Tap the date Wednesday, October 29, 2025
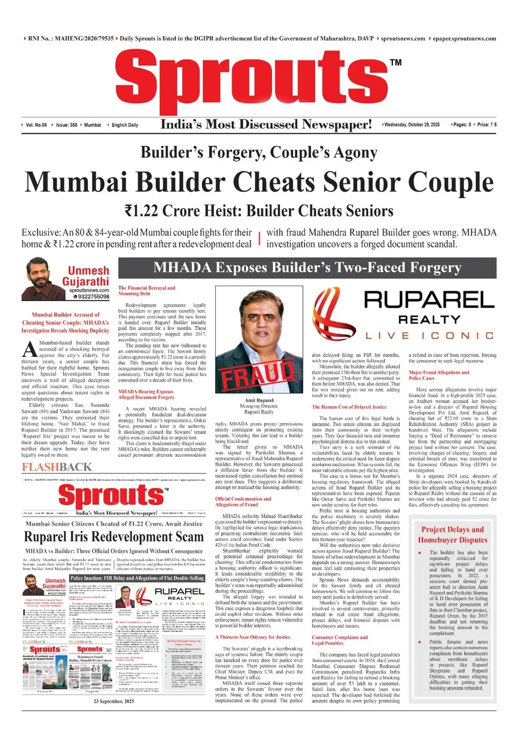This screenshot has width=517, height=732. pos(412,125)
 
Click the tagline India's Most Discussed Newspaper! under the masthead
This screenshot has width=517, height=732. pos(266,124)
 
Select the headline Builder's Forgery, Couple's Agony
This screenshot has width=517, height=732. pos(258,152)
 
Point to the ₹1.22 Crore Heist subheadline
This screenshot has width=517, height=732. pos(258,211)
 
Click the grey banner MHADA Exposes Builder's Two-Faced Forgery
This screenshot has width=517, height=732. pos(307,268)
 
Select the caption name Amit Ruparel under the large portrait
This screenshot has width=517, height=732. pos(259,400)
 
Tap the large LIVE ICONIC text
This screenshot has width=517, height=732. pos(430,336)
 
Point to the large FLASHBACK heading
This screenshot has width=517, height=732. pos(57,467)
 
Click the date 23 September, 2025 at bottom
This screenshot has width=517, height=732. pos(114,701)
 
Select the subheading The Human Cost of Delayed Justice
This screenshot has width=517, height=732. pos(349,407)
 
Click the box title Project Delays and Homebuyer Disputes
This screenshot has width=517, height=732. pos(452,535)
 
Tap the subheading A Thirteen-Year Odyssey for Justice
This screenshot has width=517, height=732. pos(253,637)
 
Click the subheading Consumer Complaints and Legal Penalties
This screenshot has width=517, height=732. pos(340,640)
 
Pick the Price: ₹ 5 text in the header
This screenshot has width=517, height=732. pos(486,125)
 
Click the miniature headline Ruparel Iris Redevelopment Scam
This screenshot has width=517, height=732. pos(114,537)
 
